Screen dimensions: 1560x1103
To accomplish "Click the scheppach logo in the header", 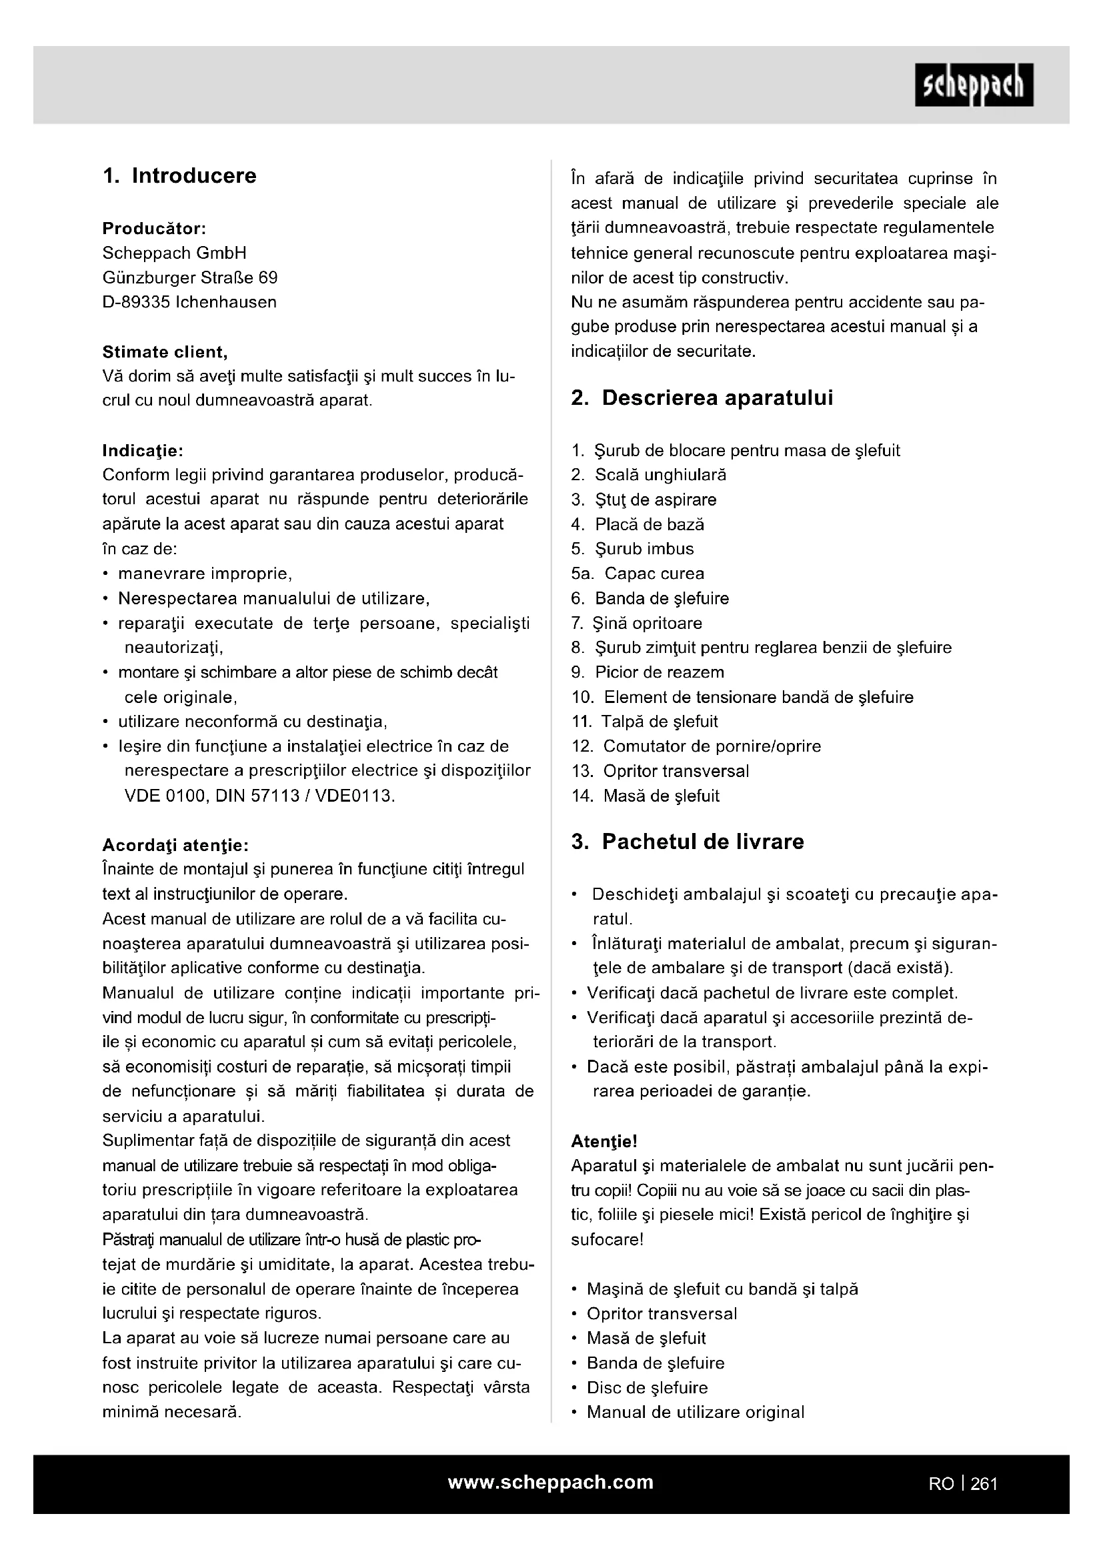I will (x=973, y=85).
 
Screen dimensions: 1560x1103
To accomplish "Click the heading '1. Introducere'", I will (x=179, y=176).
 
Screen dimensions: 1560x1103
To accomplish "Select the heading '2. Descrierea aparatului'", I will (x=702, y=398).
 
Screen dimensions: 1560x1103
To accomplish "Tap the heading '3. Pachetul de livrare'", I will (x=688, y=842).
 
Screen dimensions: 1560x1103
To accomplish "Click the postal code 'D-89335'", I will (x=136, y=302).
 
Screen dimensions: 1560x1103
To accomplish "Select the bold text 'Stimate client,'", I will (x=165, y=352).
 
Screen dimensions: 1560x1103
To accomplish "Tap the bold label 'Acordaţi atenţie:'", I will (x=175, y=845).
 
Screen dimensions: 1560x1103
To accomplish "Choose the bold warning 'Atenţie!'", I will (x=604, y=1141).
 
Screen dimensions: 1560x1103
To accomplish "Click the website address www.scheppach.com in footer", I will (x=551, y=1482).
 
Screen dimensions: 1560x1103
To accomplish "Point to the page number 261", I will (x=984, y=1484).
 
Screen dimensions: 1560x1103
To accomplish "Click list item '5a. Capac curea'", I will (x=638, y=574).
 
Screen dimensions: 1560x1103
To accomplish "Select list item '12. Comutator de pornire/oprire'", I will (x=696, y=746).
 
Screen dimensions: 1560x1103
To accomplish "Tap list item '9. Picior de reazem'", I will (x=648, y=672).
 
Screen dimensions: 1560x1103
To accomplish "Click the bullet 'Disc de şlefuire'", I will (x=647, y=1387).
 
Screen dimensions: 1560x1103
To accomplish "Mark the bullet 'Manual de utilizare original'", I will (x=695, y=1412).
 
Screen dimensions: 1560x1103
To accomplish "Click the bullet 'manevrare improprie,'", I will (x=205, y=574).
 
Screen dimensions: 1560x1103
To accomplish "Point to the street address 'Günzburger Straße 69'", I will (x=190, y=278).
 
